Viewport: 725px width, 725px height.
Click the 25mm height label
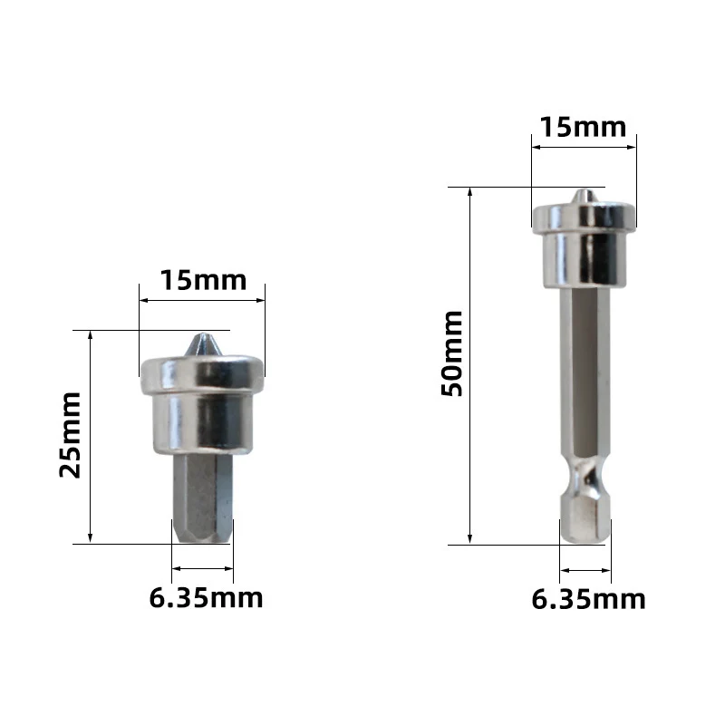(x=71, y=434)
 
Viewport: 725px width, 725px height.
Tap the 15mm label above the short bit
(x=203, y=280)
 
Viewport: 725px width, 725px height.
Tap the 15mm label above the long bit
(x=583, y=127)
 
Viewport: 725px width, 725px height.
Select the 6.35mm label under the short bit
(x=206, y=597)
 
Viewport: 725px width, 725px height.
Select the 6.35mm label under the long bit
(x=589, y=598)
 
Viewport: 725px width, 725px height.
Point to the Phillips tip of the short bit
(x=202, y=345)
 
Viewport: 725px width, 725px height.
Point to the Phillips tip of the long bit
(x=583, y=197)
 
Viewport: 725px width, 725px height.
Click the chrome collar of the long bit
(x=583, y=245)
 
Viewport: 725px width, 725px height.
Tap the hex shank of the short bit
(x=202, y=498)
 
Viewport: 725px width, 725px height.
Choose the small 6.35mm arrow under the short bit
(x=202, y=569)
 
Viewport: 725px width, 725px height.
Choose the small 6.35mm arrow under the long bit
(x=585, y=570)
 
